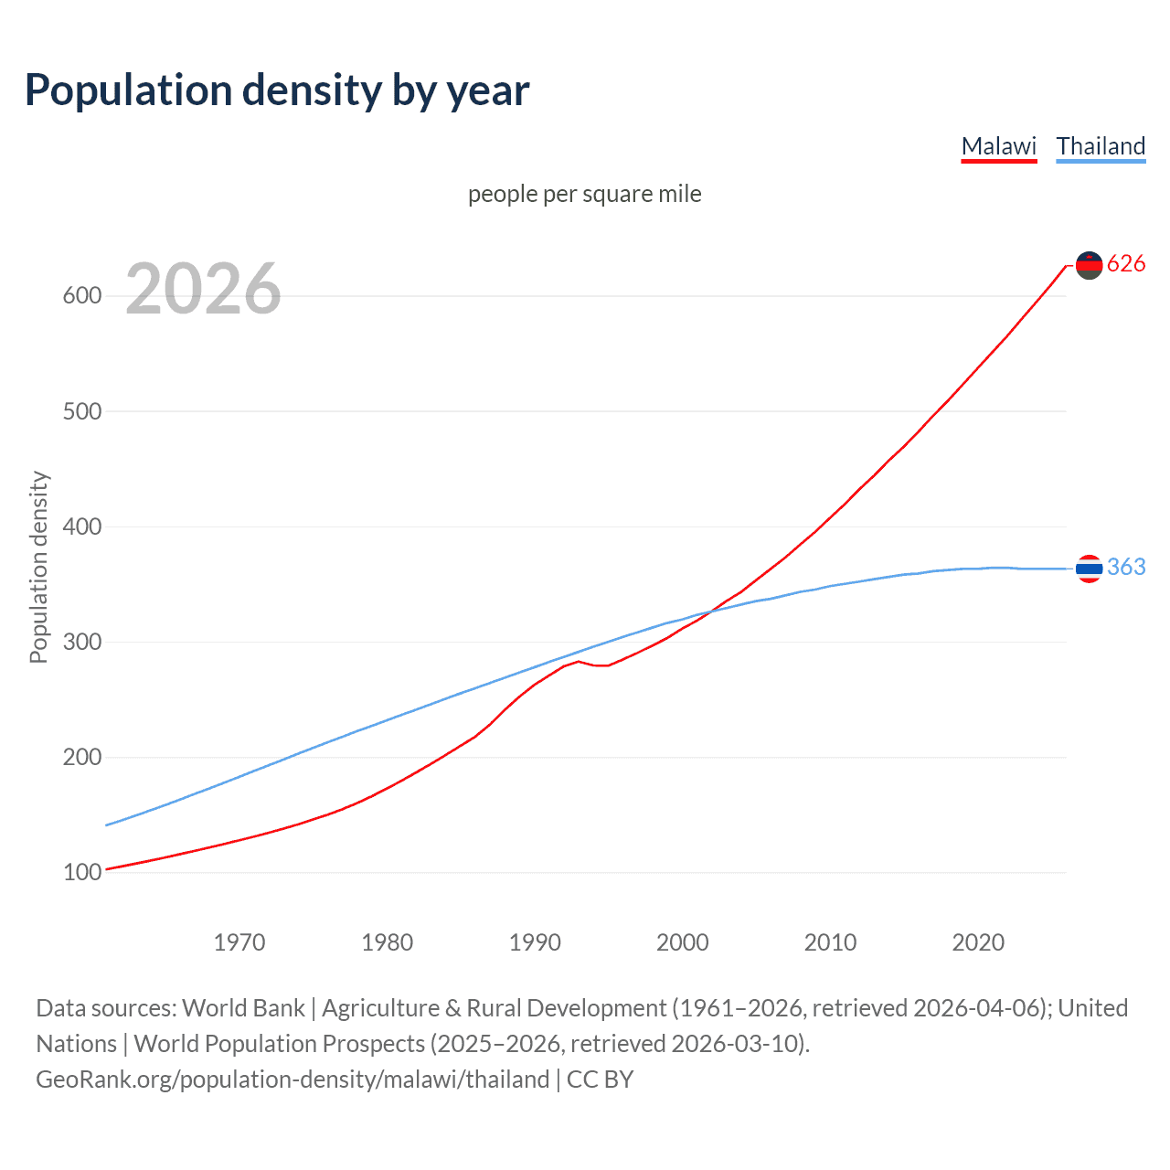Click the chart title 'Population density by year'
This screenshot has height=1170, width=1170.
pyautogui.click(x=277, y=90)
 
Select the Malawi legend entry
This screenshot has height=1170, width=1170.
pyautogui.click(x=998, y=146)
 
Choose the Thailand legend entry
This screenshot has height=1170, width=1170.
pyautogui.click(x=1101, y=146)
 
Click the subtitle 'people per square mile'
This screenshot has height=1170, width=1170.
pyautogui.click(x=584, y=194)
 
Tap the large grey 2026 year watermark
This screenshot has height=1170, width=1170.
pyautogui.click(x=203, y=289)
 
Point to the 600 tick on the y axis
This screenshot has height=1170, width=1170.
pyautogui.click(x=81, y=296)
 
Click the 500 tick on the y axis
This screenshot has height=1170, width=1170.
pyautogui.click(x=81, y=411)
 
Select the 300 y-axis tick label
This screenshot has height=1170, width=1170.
pyautogui.click(x=81, y=642)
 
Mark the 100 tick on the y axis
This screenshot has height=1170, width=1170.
pyautogui.click(x=81, y=873)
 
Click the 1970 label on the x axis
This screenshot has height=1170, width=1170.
pyautogui.click(x=239, y=942)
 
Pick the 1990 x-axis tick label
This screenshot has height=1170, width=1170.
pyautogui.click(x=535, y=942)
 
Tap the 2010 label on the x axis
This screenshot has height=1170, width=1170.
pyautogui.click(x=830, y=942)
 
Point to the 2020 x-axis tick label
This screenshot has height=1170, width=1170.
pyautogui.click(x=978, y=942)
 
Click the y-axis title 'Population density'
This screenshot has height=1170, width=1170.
pyautogui.click(x=38, y=567)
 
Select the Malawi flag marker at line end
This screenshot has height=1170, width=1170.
pyautogui.click(x=1089, y=265)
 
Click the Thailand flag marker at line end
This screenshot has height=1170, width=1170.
pyautogui.click(x=1089, y=569)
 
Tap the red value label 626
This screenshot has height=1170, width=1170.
pyautogui.click(x=1126, y=264)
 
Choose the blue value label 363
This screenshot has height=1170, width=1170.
pyautogui.click(x=1126, y=568)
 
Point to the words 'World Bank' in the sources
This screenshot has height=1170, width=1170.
pyautogui.click(x=243, y=1008)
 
